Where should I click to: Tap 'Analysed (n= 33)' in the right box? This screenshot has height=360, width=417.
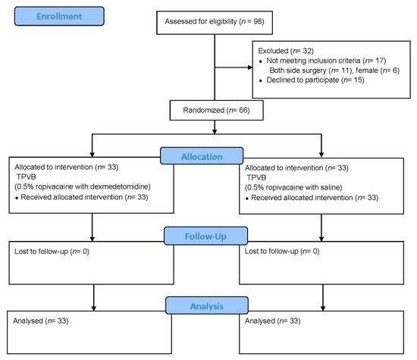point(271,321)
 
